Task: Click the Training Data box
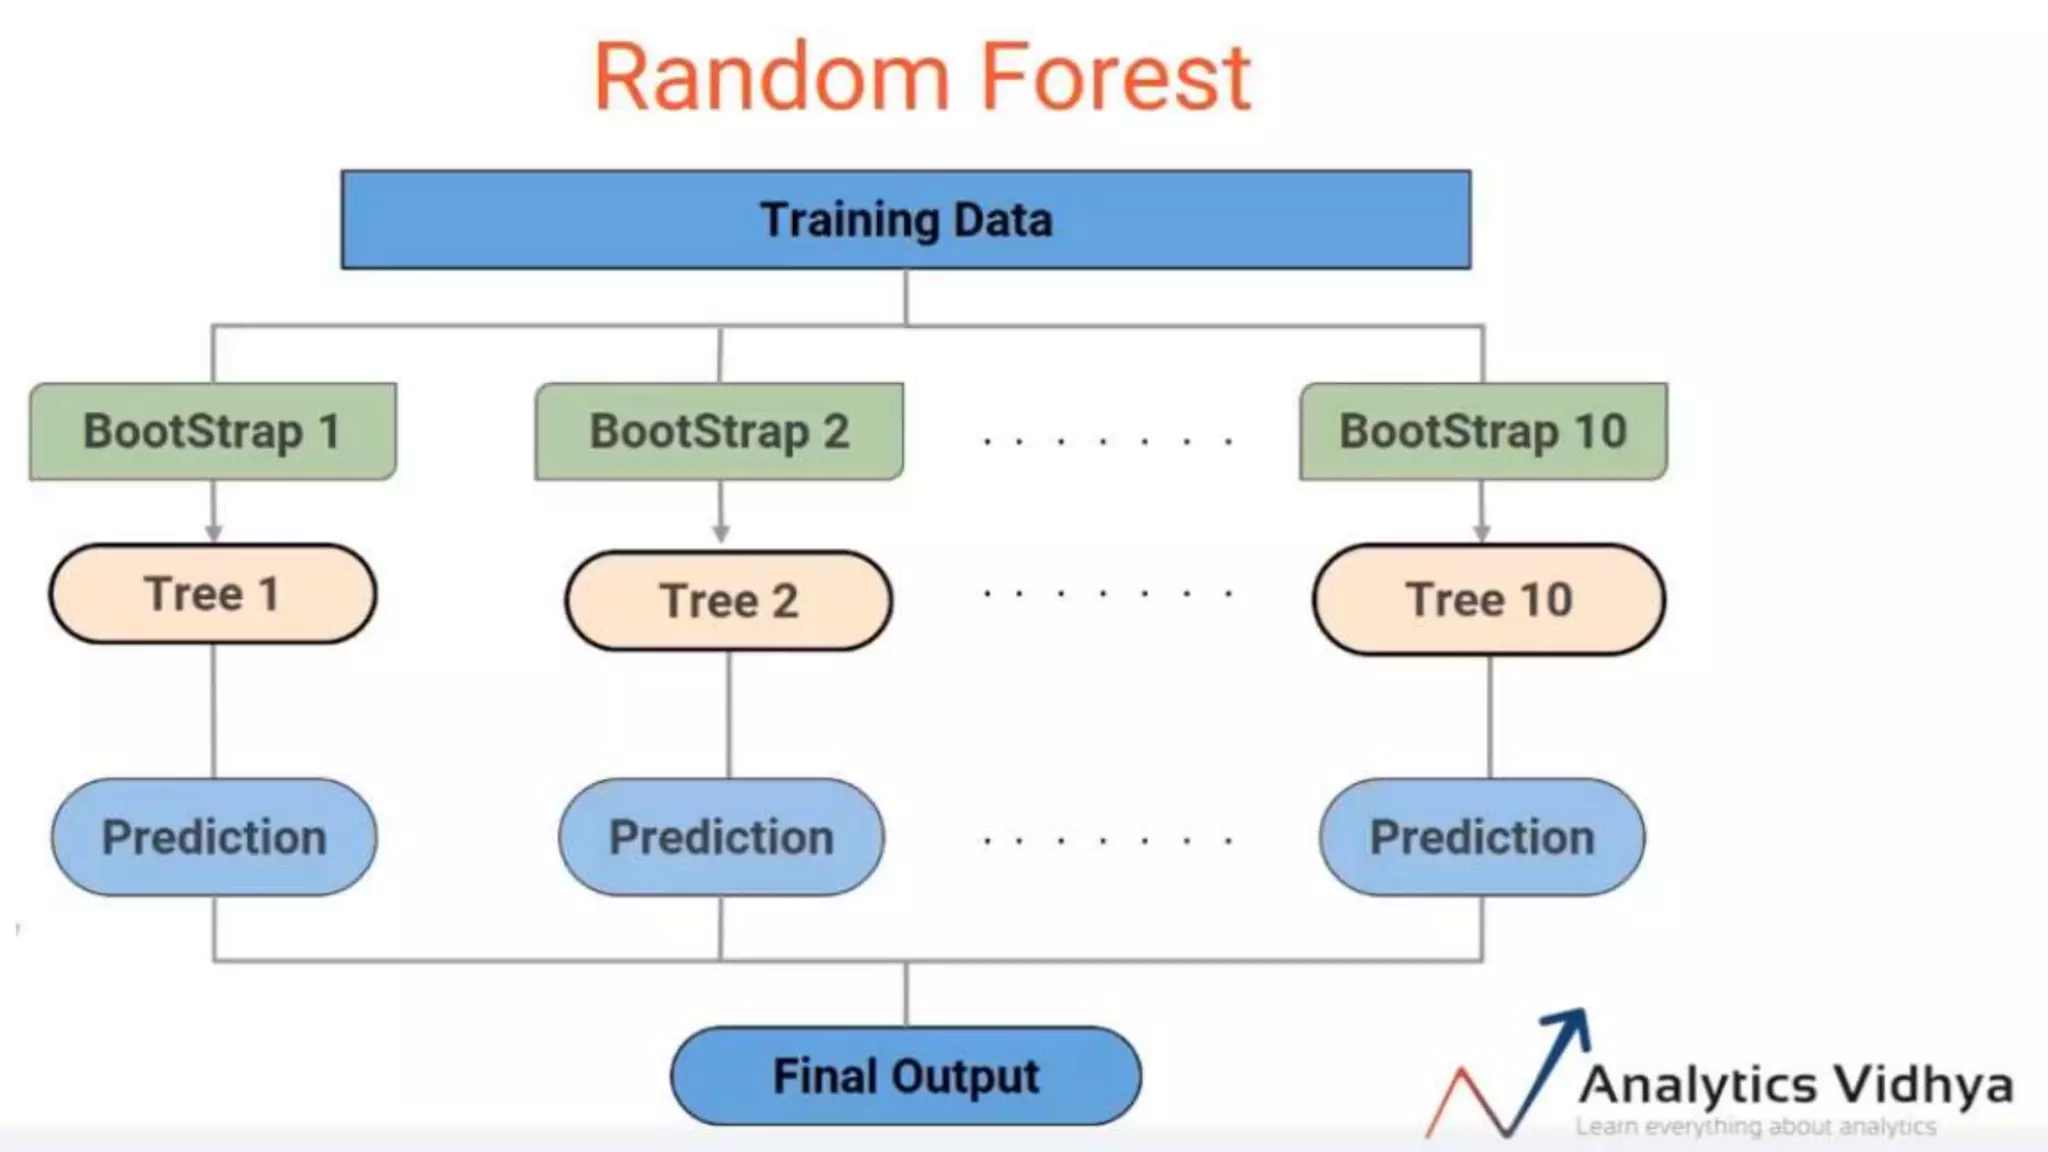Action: tap(906, 220)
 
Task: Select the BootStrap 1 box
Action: tap(212, 432)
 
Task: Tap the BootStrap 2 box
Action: tap(719, 432)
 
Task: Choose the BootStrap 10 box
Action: tap(1483, 432)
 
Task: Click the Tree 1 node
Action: tap(213, 594)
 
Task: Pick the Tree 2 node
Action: tap(728, 601)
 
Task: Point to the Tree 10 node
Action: tap(1489, 600)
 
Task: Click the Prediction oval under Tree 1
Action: tap(214, 838)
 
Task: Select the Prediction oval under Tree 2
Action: tap(721, 838)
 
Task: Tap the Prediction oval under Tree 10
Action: tap(1482, 838)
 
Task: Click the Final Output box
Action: tap(906, 1076)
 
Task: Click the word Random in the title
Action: tap(771, 78)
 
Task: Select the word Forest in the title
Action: tap(1115, 78)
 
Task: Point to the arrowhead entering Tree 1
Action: tap(213, 532)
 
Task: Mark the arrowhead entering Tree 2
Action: tap(721, 533)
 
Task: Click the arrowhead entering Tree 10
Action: tap(1482, 532)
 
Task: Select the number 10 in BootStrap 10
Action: tap(1600, 432)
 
